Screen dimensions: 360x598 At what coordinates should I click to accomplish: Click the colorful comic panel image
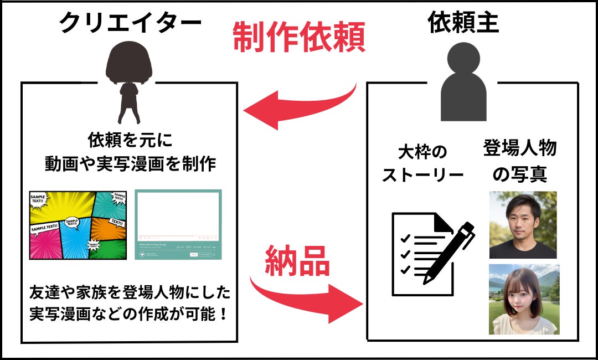coord(78,225)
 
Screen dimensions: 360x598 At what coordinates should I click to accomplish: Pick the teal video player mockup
coord(178,224)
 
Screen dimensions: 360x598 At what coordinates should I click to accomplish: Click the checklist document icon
coord(421,252)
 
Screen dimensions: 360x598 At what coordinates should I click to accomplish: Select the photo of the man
coord(523,225)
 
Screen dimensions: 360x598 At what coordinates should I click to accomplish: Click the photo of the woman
coord(523,299)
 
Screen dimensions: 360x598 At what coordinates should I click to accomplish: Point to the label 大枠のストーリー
coord(422,163)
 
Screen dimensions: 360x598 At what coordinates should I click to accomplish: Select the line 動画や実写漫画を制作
coord(130,163)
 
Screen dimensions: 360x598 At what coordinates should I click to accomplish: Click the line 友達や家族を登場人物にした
coord(130,292)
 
